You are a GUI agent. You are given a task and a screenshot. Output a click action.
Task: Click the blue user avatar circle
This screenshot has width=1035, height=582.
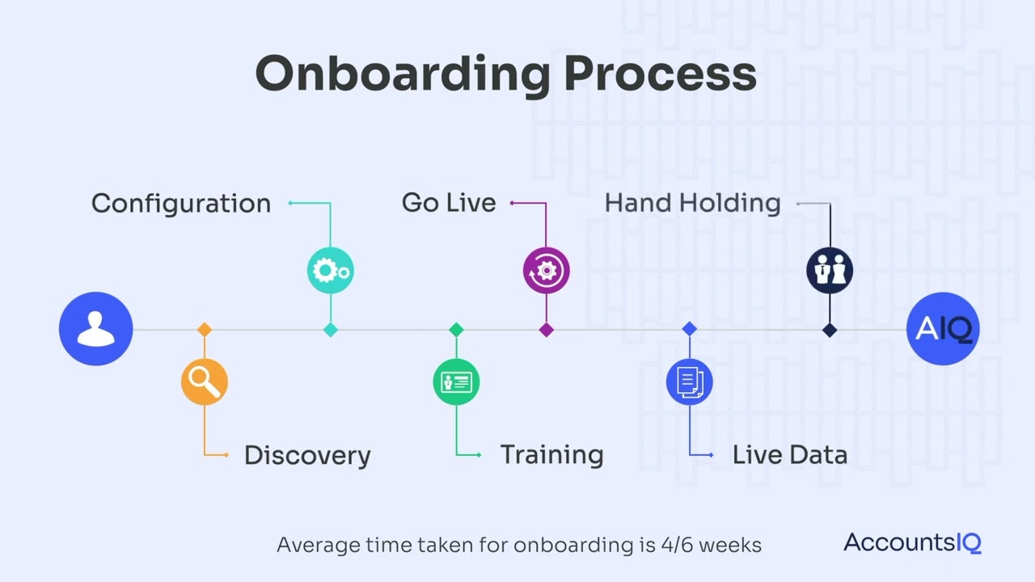(x=95, y=329)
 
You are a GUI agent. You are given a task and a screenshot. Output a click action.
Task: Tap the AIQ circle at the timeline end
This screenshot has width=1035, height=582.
(x=943, y=329)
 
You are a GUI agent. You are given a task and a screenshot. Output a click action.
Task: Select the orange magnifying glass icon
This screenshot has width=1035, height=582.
(x=205, y=382)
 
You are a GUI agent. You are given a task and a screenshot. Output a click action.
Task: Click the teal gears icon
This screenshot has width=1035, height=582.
(x=330, y=270)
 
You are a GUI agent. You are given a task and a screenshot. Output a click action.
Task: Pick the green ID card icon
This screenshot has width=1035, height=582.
(x=456, y=382)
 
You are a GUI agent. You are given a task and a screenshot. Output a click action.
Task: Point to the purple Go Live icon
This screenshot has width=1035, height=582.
(x=546, y=271)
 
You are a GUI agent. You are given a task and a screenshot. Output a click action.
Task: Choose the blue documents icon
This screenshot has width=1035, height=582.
(x=689, y=382)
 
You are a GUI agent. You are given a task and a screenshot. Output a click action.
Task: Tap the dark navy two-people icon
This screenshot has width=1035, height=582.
(x=830, y=270)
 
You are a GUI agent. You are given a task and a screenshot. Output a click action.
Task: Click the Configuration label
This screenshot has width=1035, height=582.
(x=181, y=203)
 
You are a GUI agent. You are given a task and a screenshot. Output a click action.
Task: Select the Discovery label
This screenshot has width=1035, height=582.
(x=307, y=455)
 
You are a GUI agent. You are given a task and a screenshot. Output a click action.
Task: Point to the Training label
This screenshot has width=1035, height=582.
(x=551, y=454)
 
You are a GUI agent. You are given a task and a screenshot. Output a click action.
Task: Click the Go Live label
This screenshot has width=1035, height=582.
(x=449, y=203)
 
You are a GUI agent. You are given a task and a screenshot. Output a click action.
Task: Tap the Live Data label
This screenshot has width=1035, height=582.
(x=790, y=454)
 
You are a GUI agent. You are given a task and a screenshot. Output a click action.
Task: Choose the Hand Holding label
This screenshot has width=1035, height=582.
(x=693, y=203)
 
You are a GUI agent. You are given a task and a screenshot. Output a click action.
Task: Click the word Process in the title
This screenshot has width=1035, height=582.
(x=660, y=74)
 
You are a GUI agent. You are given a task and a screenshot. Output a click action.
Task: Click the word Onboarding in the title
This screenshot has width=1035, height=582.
(x=403, y=74)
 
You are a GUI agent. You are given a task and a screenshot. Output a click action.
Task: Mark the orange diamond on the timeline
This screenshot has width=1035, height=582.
(x=205, y=330)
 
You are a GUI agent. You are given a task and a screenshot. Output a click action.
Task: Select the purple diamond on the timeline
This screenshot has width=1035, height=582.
(x=546, y=330)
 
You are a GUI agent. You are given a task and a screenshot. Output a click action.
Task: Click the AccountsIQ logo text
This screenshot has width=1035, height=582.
(x=912, y=542)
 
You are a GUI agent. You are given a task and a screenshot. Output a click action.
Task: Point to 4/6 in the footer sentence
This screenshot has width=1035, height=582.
(x=674, y=545)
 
